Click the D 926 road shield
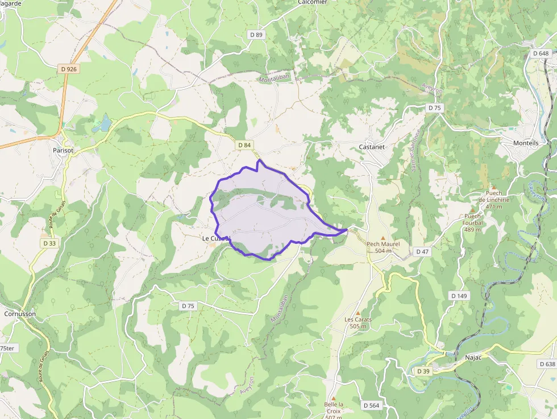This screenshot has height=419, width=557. (69, 69)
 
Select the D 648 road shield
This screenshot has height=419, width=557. (541, 53)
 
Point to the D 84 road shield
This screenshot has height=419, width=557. (244, 145)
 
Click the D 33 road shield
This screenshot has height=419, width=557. (49, 243)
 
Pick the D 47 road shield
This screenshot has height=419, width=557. (422, 251)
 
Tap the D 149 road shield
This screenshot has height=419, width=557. (459, 296)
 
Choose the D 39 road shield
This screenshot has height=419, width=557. (423, 371)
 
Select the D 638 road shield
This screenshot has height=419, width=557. (546, 364)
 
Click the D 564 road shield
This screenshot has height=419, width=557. (370, 405)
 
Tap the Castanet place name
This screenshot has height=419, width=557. (372, 147)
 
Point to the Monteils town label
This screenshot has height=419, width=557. (526, 143)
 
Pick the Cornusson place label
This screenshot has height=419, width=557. (20, 313)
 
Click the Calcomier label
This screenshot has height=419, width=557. (312, 2)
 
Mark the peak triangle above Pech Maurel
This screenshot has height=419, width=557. (383, 238)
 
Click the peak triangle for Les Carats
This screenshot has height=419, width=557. (358, 313)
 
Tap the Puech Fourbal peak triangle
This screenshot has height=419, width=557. (472, 210)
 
